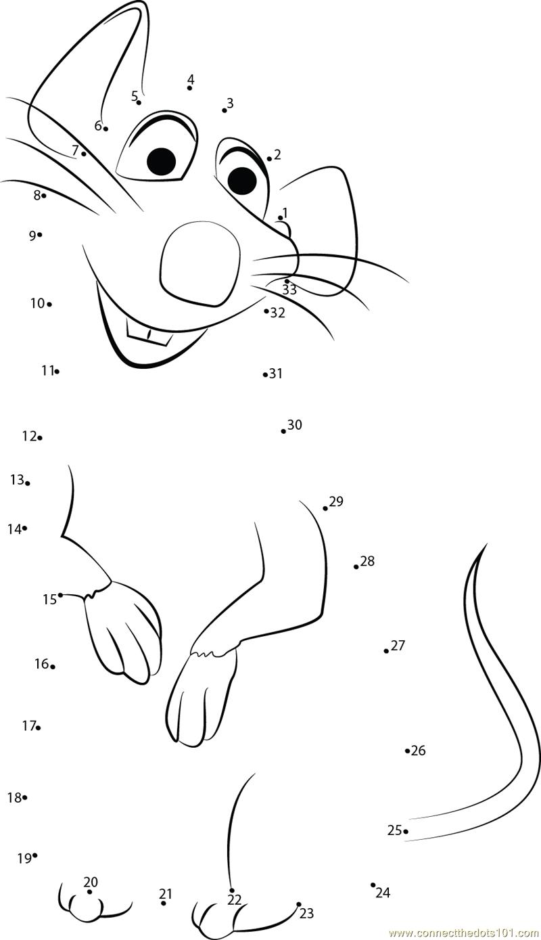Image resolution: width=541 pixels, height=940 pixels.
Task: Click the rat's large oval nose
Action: pyautogui.click(x=200, y=264)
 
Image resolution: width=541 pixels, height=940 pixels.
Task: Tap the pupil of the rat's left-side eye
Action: pyautogui.click(x=162, y=162)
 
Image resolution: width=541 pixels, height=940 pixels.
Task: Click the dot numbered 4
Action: pyautogui.click(x=189, y=88)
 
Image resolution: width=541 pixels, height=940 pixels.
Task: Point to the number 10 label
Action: pyautogui.click(x=37, y=303)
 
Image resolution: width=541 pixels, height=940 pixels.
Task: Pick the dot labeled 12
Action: pyautogui.click(x=40, y=438)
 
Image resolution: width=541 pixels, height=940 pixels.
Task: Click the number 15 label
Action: pyautogui.click(x=49, y=600)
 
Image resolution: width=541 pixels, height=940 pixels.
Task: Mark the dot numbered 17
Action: pyautogui.click(x=38, y=728)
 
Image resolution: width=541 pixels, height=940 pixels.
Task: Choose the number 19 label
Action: pyautogui.click(x=24, y=859)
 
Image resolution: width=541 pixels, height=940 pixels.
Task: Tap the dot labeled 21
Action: pyautogui.click(x=164, y=903)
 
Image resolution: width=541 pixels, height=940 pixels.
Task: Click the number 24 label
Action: pyautogui.click(x=383, y=893)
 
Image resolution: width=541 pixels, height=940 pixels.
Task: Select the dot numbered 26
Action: pyautogui.click(x=407, y=751)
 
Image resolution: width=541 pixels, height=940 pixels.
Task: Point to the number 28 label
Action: pyautogui.click(x=367, y=560)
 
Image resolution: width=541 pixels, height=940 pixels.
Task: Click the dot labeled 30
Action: pyautogui.click(x=283, y=431)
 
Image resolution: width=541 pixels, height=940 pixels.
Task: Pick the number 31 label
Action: pyautogui.click(x=275, y=373)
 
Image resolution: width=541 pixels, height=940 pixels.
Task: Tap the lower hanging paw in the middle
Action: pyautogui.click(x=202, y=698)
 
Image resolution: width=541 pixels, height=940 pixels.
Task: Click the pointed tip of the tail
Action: pyautogui.click(x=486, y=544)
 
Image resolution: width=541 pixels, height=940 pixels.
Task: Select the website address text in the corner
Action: pyautogui.click(x=464, y=933)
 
